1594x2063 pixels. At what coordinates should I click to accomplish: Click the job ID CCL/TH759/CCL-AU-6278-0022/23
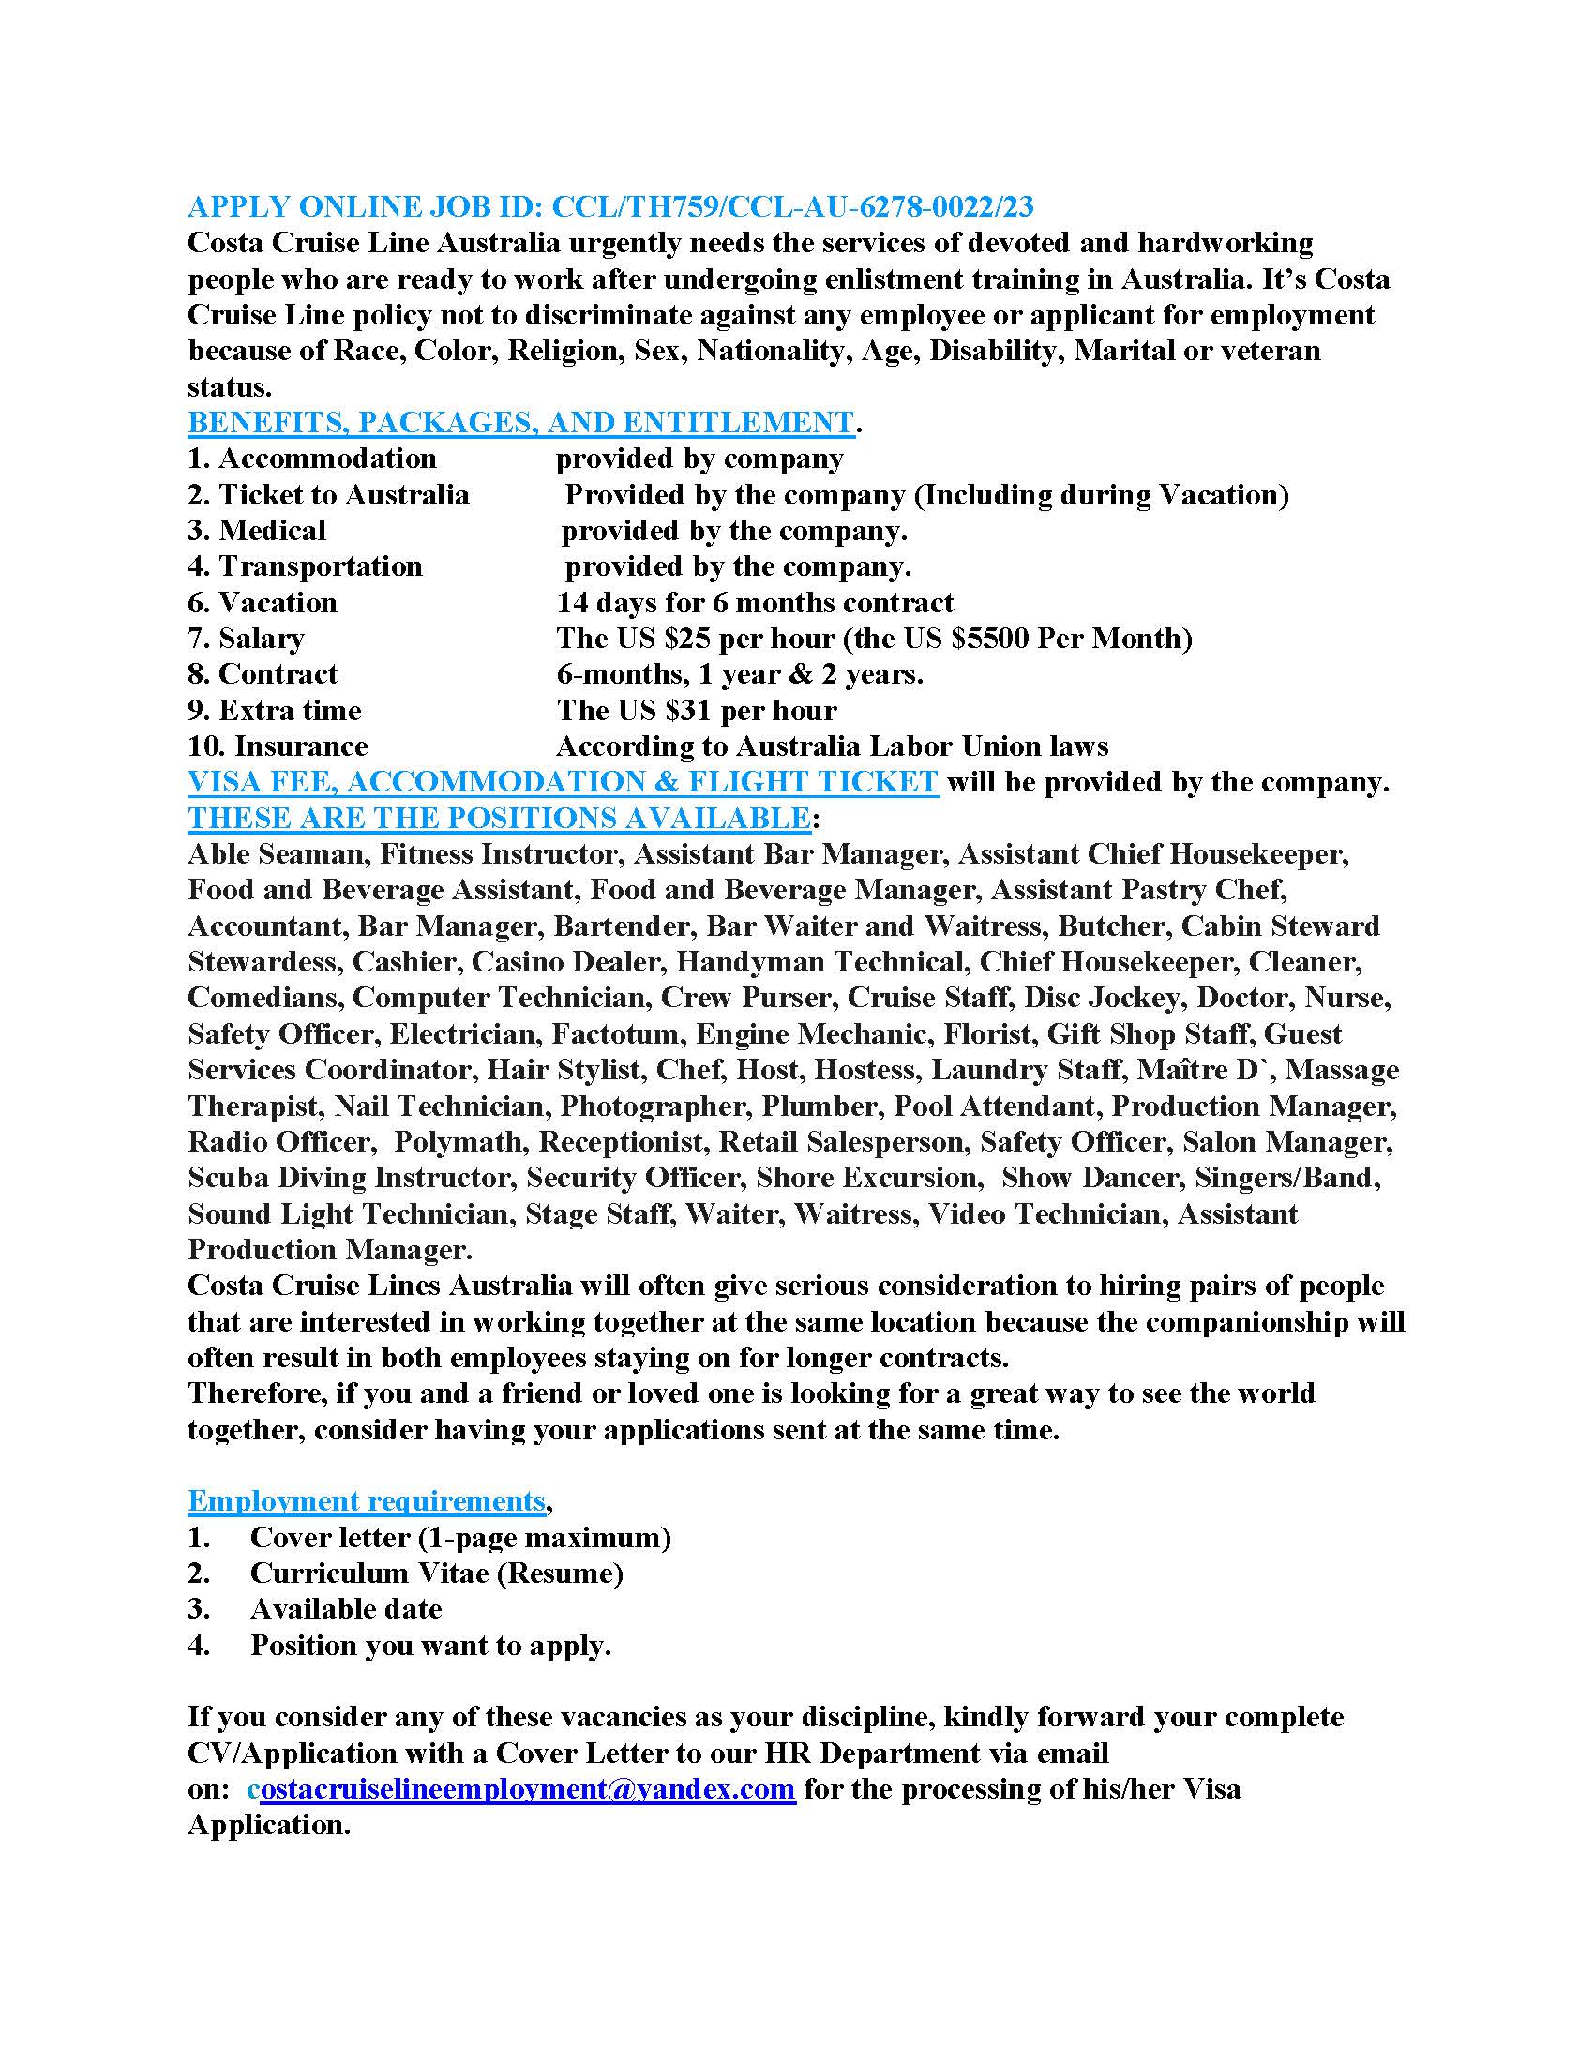tap(792, 206)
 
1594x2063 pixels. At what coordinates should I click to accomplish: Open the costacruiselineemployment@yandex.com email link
tap(527, 1788)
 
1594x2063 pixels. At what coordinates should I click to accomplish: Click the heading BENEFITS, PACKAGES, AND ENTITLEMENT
tap(520, 422)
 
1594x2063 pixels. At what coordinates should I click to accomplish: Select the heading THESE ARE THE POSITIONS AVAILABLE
tap(499, 818)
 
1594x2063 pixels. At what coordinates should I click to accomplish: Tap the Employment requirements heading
tap(367, 1501)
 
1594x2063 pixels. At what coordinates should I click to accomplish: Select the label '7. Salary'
tap(246, 639)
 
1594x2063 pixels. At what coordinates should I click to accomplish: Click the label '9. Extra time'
tap(274, 711)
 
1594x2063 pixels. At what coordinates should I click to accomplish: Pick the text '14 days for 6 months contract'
tap(755, 603)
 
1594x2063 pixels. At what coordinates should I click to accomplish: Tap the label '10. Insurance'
tap(277, 746)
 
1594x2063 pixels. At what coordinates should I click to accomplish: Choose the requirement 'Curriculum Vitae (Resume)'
tap(436, 1573)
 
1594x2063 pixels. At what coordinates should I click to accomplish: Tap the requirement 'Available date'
tap(346, 1608)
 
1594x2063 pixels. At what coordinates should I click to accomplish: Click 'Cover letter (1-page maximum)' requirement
tap(459, 1537)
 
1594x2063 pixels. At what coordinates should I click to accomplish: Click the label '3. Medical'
tap(256, 531)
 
